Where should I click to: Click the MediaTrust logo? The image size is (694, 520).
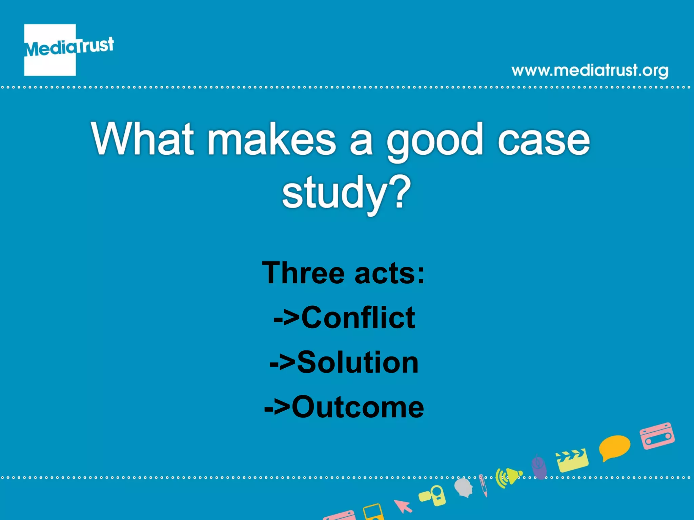pyautogui.click(x=64, y=49)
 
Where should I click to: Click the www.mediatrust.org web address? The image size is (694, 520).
pyautogui.click(x=590, y=70)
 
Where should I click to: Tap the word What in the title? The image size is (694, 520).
pyautogui.click(x=142, y=139)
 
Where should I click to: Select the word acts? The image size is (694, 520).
pyautogui.click(x=390, y=274)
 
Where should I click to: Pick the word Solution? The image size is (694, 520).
pyautogui.click(x=358, y=362)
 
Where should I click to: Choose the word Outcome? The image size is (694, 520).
pyautogui.click(x=358, y=407)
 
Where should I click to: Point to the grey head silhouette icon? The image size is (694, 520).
pyautogui.click(x=464, y=487)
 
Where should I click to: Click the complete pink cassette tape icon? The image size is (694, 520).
pyautogui.click(x=657, y=436)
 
